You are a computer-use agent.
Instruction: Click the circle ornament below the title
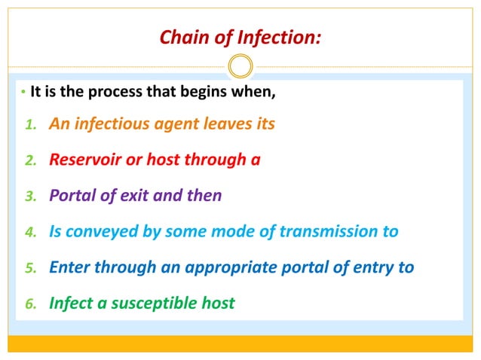[x=240, y=66]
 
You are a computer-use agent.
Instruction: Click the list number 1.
[x=30, y=124]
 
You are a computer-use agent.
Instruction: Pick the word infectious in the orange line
[x=111, y=124]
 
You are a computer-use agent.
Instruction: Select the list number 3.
[x=30, y=197]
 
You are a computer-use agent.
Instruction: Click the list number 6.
[x=30, y=304]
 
